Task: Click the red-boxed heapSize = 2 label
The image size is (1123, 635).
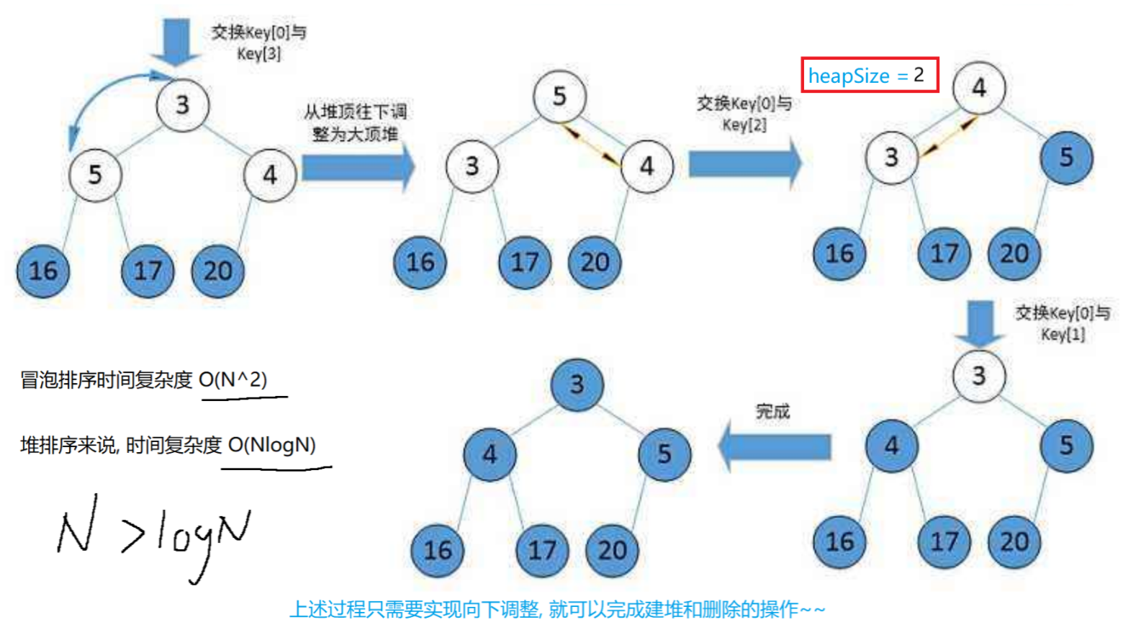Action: [x=870, y=75]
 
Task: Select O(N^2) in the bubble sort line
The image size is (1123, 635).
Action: [x=233, y=379]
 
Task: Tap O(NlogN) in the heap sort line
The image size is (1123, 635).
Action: [x=272, y=445]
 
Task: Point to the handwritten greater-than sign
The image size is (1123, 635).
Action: [x=132, y=536]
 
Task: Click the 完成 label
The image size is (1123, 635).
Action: [x=772, y=412]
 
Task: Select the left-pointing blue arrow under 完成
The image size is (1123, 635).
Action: [x=775, y=447]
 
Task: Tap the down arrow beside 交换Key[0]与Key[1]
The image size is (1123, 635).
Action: [x=979, y=323]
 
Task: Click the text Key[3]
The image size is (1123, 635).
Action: [x=259, y=54]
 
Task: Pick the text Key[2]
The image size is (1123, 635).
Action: [x=744, y=125]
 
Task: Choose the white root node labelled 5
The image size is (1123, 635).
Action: [x=559, y=96]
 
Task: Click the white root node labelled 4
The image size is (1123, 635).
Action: [x=978, y=88]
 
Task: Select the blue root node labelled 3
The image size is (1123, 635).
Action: [x=577, y=384]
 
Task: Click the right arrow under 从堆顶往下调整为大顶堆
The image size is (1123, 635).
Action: [x=358, y=167]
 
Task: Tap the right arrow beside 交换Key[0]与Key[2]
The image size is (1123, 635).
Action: [x=744, y=164]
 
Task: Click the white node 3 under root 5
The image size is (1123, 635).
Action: [x=472, y=166]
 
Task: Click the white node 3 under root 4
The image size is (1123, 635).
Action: [x=891, y=157]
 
